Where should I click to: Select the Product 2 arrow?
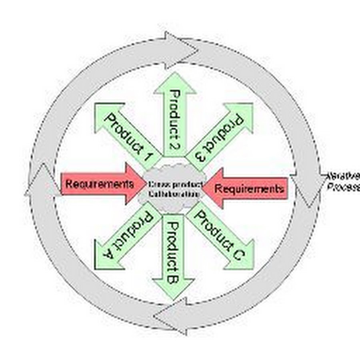click(174, 116)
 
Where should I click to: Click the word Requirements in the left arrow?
click(100, 184)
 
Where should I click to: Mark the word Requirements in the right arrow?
click(250, 188)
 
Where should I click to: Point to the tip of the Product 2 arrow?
click(175, 76)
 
